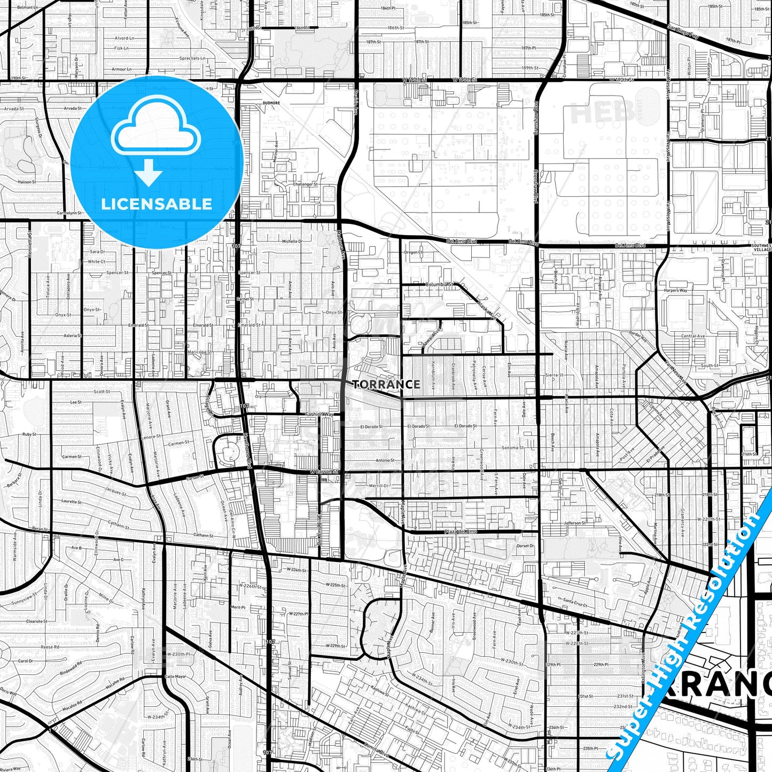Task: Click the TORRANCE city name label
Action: pyautogui.click(x=386, y=384)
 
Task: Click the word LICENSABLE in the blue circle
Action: pyautogui.click(x=157, y=204)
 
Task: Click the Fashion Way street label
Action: pyautogui.click(x=319, y=414)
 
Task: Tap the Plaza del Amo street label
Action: pyautogui.click(x=460, y=532)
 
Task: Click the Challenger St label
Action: pyautogui.click(x=305, y=184)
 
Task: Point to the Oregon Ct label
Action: pyautogui.click(x=413, y=252)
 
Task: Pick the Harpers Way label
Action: pyautogui.click(x=676, y=290)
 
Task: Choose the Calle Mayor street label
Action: pyautogui.click(x=175, y=676)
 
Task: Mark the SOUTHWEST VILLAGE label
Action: pyautogui.click(x=761, y=248)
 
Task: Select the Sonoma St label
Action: pyautogui.click(x=512, y=448)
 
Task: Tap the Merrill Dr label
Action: pyautogui.click(x=379, y=486)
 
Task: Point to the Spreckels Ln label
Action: pyautogui.click(x=192, y=58)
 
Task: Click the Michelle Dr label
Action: pyautogui.click(x=292, y=241)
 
